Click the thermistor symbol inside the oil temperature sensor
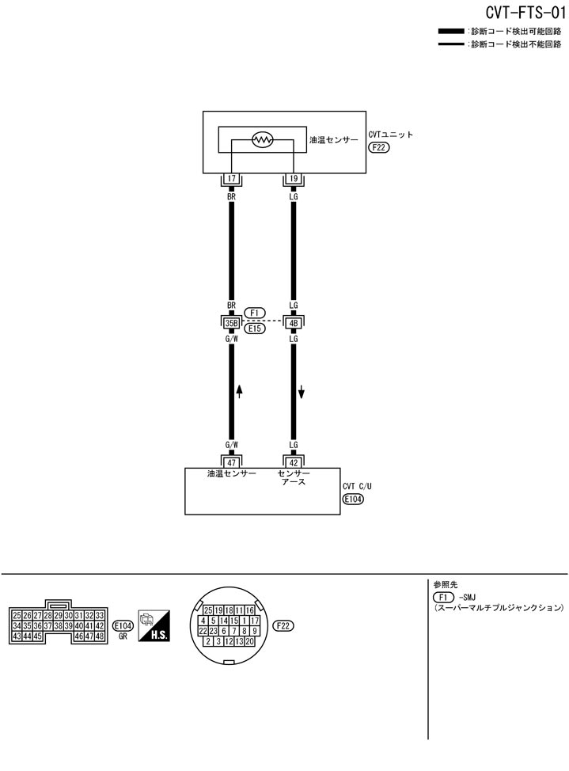(x=262, y=141)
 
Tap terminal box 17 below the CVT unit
(x=231, y=179)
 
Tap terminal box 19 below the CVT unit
(x=294, y=179)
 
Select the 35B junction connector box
(x=231, y=322)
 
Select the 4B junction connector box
(x=294, y=322)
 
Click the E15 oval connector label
(x=255, y=328)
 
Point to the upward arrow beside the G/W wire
(x=240, y=391)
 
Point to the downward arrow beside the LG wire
(x=302, y=391)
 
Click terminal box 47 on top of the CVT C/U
(x=231, y=461)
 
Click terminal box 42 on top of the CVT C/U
(x=294, y=461)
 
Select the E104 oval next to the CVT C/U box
(x=353, y=499)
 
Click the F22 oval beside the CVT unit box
(x=378, y=147)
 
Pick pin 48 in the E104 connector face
(x=101, y=636)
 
